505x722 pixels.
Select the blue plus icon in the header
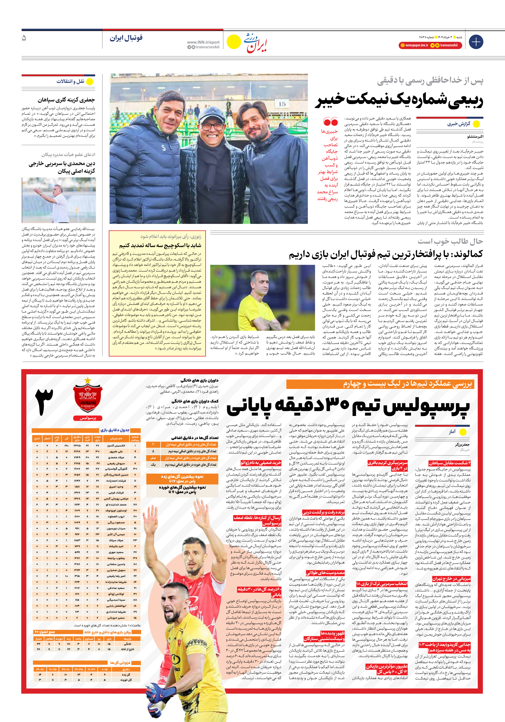point(476,42)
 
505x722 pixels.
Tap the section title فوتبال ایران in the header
point(126,38)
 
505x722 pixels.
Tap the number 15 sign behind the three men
point(282,104)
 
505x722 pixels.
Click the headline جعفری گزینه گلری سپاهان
point(66,100)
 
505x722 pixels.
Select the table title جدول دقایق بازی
point(115,430)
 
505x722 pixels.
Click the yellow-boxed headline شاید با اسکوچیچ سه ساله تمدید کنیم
point(160,245)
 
